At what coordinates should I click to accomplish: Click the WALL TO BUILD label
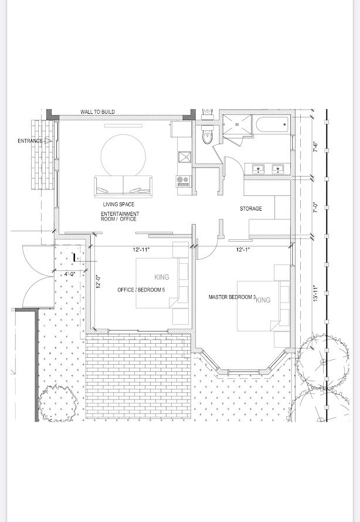click(x=97, y=112)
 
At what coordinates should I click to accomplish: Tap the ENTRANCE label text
click(x=30, y=141)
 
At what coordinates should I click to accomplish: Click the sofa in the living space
click(x=123, y=186)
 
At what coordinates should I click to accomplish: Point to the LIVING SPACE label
click(x=118, y=205)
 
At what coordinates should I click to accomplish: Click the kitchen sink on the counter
click(x=184, y=157)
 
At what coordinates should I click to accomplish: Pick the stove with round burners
click(x=184, y=181)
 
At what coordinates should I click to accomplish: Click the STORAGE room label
click(x=251, y=209)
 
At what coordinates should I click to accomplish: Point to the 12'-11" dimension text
click(x=141, y=250)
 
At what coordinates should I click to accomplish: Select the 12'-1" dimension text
click(x=243, y=250)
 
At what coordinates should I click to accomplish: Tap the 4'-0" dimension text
click(x=70, y=274)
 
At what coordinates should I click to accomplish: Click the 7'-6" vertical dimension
click(x=316, y=147)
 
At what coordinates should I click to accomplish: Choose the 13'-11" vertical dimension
click(x=316, y=293)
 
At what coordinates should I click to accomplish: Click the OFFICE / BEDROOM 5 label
click(x=141, y=290)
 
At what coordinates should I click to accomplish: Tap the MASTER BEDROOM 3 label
click(x=232, y=297)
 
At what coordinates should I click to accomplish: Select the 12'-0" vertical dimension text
click(x=98, y=282)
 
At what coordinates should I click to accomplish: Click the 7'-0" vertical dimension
click(x=316, y=208)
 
